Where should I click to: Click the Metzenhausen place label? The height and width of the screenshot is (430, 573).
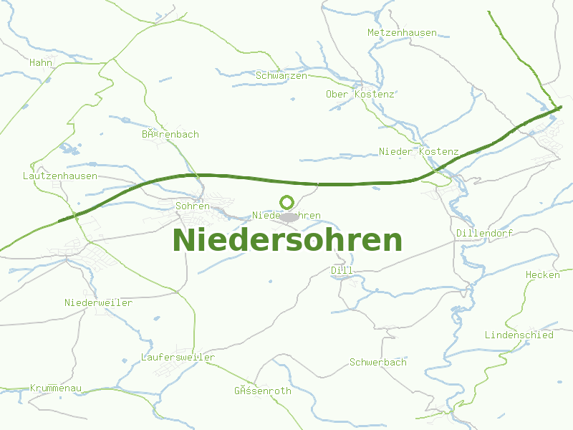[402, 33]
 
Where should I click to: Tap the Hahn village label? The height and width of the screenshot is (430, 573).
[41, 63]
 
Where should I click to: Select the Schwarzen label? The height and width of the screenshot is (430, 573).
[281, 75]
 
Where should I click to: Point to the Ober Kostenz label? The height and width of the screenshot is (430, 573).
[360, 95]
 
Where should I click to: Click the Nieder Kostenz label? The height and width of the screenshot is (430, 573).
[418, 152]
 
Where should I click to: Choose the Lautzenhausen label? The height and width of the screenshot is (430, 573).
[60, 176]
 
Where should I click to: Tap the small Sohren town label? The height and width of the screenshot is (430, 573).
[193, 206]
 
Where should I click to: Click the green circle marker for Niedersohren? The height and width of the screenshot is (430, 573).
[287, 203]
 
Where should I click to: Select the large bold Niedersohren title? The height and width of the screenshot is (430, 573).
[287, 240]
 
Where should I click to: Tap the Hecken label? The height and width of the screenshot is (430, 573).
[543, 275]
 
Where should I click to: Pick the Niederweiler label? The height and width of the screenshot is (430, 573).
[98, 303]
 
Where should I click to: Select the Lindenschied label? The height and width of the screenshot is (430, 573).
[519, 335]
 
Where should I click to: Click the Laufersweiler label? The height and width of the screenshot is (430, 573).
[178, 357]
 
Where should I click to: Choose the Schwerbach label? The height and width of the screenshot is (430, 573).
[377, 363]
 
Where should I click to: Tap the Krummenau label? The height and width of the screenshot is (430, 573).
[56, 388]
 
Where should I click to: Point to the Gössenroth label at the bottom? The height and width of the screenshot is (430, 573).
[262, 391]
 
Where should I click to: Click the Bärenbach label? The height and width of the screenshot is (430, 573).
[170, 135]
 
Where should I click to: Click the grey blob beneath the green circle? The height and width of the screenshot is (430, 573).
[289, 216]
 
